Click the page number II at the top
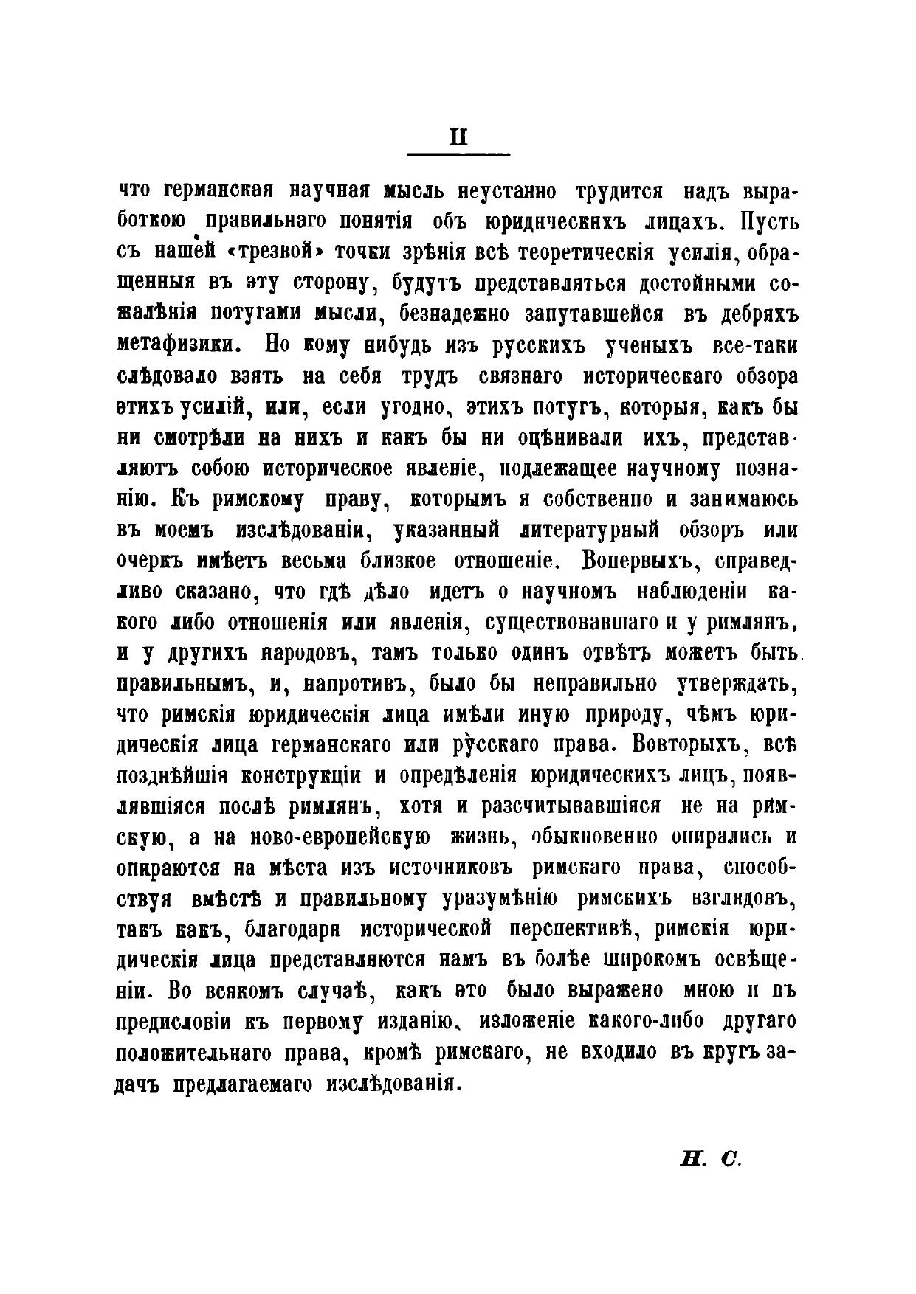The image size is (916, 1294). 458,138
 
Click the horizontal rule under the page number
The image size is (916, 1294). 458,154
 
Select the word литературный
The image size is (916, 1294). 591,530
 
